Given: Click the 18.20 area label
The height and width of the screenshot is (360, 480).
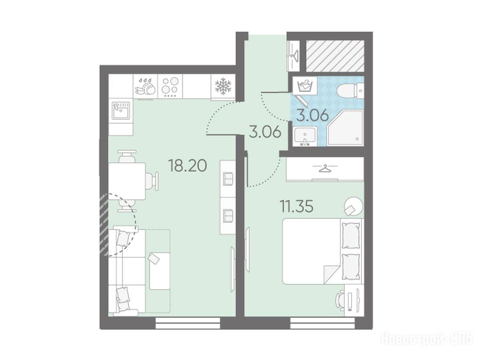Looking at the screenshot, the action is tap(187, 165).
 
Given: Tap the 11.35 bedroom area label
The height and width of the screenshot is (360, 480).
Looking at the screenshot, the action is tap(297, 206).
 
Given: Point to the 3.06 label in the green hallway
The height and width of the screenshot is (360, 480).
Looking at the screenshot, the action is tap(265, 132).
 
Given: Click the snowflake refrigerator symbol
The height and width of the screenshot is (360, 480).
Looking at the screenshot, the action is tap(223, 86).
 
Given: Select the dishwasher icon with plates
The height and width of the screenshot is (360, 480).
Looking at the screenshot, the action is tap(145, 86).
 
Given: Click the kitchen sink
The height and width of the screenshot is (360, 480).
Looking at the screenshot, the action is tap(121, 111).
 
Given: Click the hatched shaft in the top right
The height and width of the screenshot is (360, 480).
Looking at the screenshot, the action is tap(335, 56).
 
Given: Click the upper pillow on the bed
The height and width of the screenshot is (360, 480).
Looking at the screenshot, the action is tap(351, 236).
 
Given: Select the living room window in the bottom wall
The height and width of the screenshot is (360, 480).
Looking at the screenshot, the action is tap(188, 323).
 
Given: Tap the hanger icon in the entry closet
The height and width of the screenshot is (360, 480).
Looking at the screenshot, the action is tap(295, 55).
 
